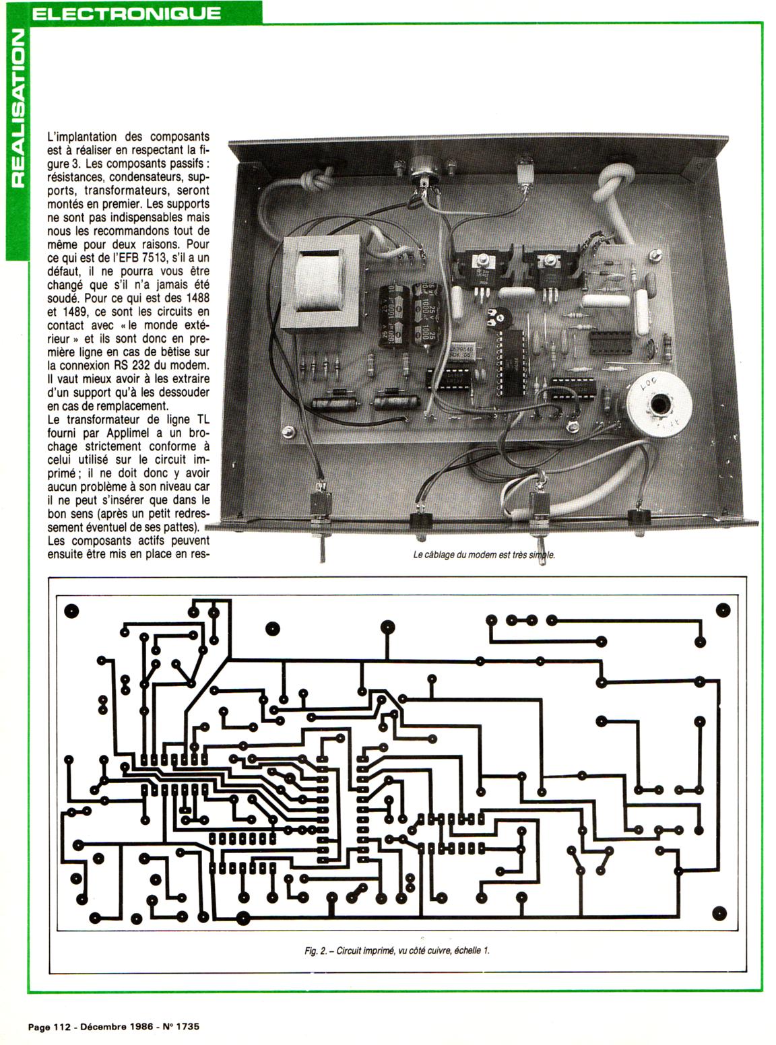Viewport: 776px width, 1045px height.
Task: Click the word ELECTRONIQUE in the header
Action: click(126, 12)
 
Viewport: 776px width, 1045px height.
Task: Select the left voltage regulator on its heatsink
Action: click(481, 270)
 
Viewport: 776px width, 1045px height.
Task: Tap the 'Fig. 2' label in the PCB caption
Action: click(315, 951)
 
